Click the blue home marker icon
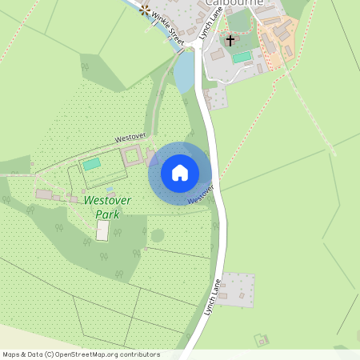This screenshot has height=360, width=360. coord(179,173)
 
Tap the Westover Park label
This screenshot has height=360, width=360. coord(107,206)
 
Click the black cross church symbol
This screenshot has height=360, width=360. coord(230,40)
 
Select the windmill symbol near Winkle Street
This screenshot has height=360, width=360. coord(145,10)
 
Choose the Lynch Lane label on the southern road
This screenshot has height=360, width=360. coord(212,296)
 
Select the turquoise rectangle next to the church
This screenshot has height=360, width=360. coord(242,58)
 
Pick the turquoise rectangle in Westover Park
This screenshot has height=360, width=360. coord(92,163)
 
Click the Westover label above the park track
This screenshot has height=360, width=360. coord(129,138)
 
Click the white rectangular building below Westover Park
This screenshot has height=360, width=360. coord(102,230)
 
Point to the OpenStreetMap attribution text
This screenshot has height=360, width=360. coord(80,354)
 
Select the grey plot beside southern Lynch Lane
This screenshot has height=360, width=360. coord(237,289)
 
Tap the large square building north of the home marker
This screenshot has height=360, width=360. coord(132,156)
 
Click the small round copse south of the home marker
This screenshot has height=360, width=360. coord(158,235)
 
